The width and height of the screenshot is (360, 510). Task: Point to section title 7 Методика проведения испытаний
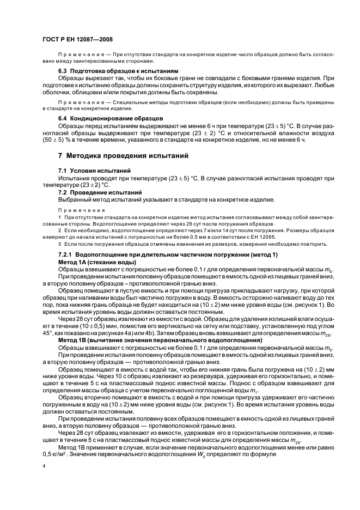(x=124, y=156)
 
